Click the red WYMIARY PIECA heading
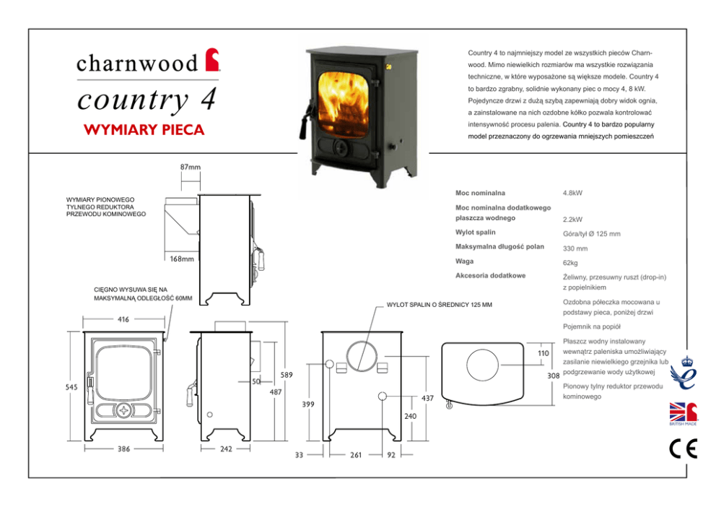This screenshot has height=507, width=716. (x=144, y=131)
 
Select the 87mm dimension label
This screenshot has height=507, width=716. (x=190, y=167)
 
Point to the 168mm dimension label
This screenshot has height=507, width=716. (x=182, y=259)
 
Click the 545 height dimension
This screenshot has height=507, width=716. (x=71, y=387)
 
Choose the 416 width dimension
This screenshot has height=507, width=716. (x=123, y=318)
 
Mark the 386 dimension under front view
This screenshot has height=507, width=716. (x=123, y=448)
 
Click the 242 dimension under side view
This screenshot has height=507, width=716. (x=226, y=448)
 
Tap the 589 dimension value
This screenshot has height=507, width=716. (x=286, y=375)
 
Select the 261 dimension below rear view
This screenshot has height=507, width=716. (x=355, y=456)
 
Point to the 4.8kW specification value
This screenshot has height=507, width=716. (x=572, y=194)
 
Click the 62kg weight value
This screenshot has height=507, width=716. (x=570, y=263)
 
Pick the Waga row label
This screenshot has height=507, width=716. (x=465, y=261)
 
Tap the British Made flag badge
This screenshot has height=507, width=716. (x=682, y=415)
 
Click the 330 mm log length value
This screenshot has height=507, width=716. (x=575, y=248)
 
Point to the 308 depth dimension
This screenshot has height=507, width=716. (x=554, y=376)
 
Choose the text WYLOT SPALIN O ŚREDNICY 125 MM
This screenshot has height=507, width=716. (x=440, y=304)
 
